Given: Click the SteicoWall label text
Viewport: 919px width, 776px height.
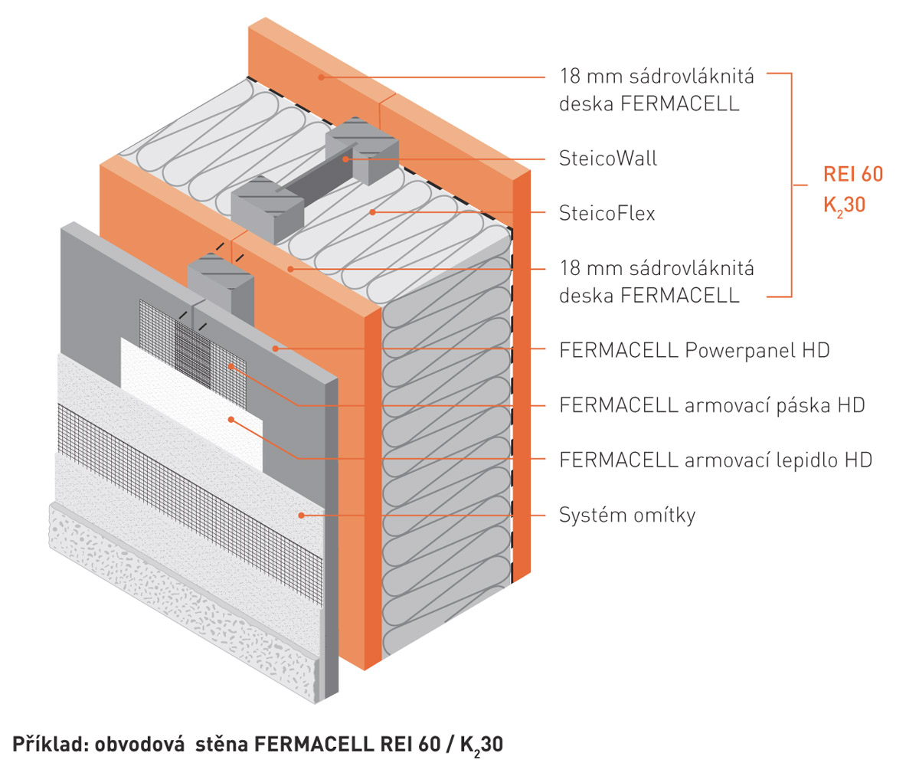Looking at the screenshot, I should pyautogui.click(x=608, y=159).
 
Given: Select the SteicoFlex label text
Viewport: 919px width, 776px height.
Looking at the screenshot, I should pyautogui.click(x=607, y=213).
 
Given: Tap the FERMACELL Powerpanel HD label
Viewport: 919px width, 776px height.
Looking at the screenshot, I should pyautogui.click(x=694, y=351).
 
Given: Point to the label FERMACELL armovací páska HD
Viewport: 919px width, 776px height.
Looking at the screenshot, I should pyautogui.click(x=711, y=404).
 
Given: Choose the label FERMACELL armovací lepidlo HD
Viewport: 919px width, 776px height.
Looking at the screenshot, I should pyautogui.click(x=715, y=460).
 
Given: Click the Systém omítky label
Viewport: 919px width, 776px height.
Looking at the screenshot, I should pyautogui.click(x=626, y=515).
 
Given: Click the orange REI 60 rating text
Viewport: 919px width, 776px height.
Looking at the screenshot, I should pyautogui.click(x=852, y=175).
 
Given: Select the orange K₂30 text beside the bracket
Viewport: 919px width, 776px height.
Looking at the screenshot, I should pyautogui.click(x=844, y=205).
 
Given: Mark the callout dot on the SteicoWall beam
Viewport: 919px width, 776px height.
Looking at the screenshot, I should pyautogui.click(x=346, y=159).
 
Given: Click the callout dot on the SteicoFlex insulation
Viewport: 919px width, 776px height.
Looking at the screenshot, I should pyautogui.click(x=372, y=212).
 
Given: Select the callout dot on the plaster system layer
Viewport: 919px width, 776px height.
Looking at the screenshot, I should pyautogui.click(x=302, y=515).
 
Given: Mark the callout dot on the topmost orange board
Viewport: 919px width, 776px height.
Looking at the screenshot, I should pyautogui.click(x=322, y=77).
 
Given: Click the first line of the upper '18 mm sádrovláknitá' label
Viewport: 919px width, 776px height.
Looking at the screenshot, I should pyautogui.click(x=656, y=77).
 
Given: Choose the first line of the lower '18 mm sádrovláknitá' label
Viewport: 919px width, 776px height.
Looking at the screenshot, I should pyautogui.click(x=656, y=268).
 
